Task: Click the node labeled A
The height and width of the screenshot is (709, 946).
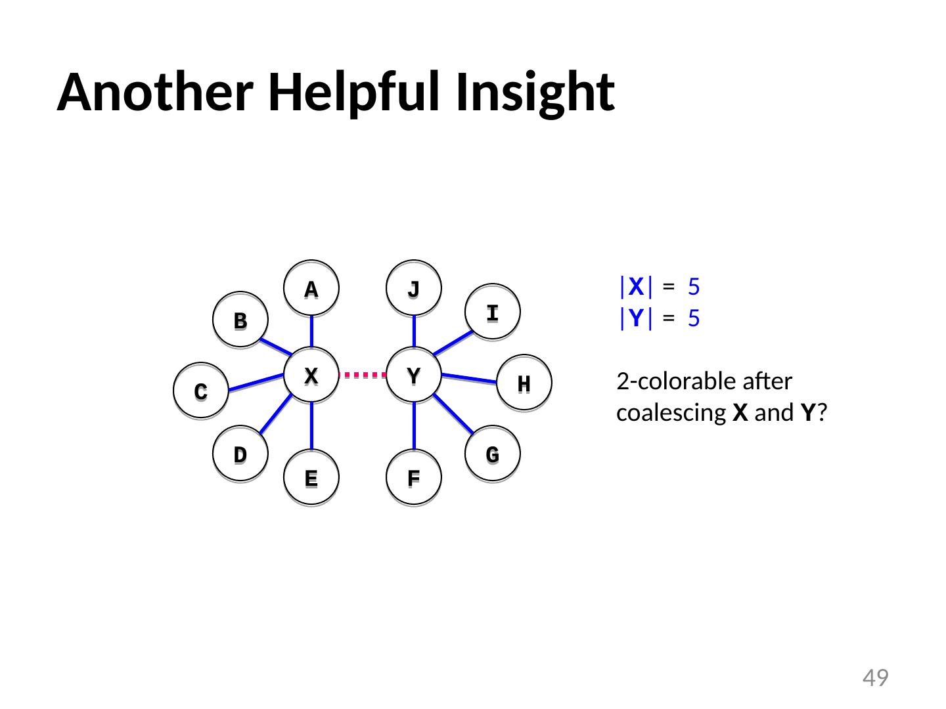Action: pos(311,289)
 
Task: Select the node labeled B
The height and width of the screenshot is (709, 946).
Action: pos(240,320)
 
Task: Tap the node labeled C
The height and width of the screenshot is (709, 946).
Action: pos(201,391)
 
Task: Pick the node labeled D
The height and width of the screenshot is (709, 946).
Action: pos(240,454)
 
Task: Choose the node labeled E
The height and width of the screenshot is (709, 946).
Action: pos(311,477)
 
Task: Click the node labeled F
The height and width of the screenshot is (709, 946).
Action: pos(414,477)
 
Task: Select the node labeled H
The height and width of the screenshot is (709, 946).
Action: pos(524,383)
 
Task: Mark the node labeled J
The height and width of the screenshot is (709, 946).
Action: pos(414,289)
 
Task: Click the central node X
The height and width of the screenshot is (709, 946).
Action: pos(311,375)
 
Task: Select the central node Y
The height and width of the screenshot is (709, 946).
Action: pos(414,375)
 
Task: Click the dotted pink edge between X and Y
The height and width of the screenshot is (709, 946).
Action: pos(363,376)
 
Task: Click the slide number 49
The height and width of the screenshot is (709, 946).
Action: pos(875,677)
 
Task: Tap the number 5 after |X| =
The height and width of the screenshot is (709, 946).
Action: pos(694,287)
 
